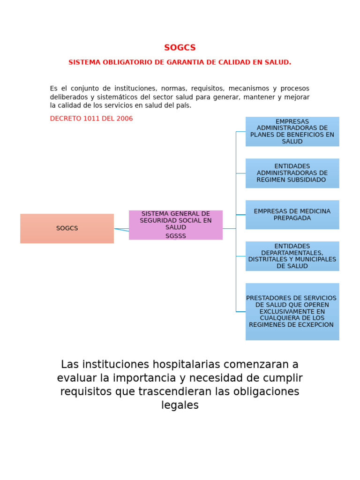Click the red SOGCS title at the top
180,48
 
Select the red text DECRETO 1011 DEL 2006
91,119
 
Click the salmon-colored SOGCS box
67,228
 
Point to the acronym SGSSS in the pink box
176,236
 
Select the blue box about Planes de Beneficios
292,132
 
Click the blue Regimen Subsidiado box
292,173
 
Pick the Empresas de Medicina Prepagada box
292,215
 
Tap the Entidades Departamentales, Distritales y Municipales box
292,256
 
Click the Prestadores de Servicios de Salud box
292,311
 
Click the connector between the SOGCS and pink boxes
121,229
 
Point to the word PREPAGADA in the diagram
292,218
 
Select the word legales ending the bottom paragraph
180,405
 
